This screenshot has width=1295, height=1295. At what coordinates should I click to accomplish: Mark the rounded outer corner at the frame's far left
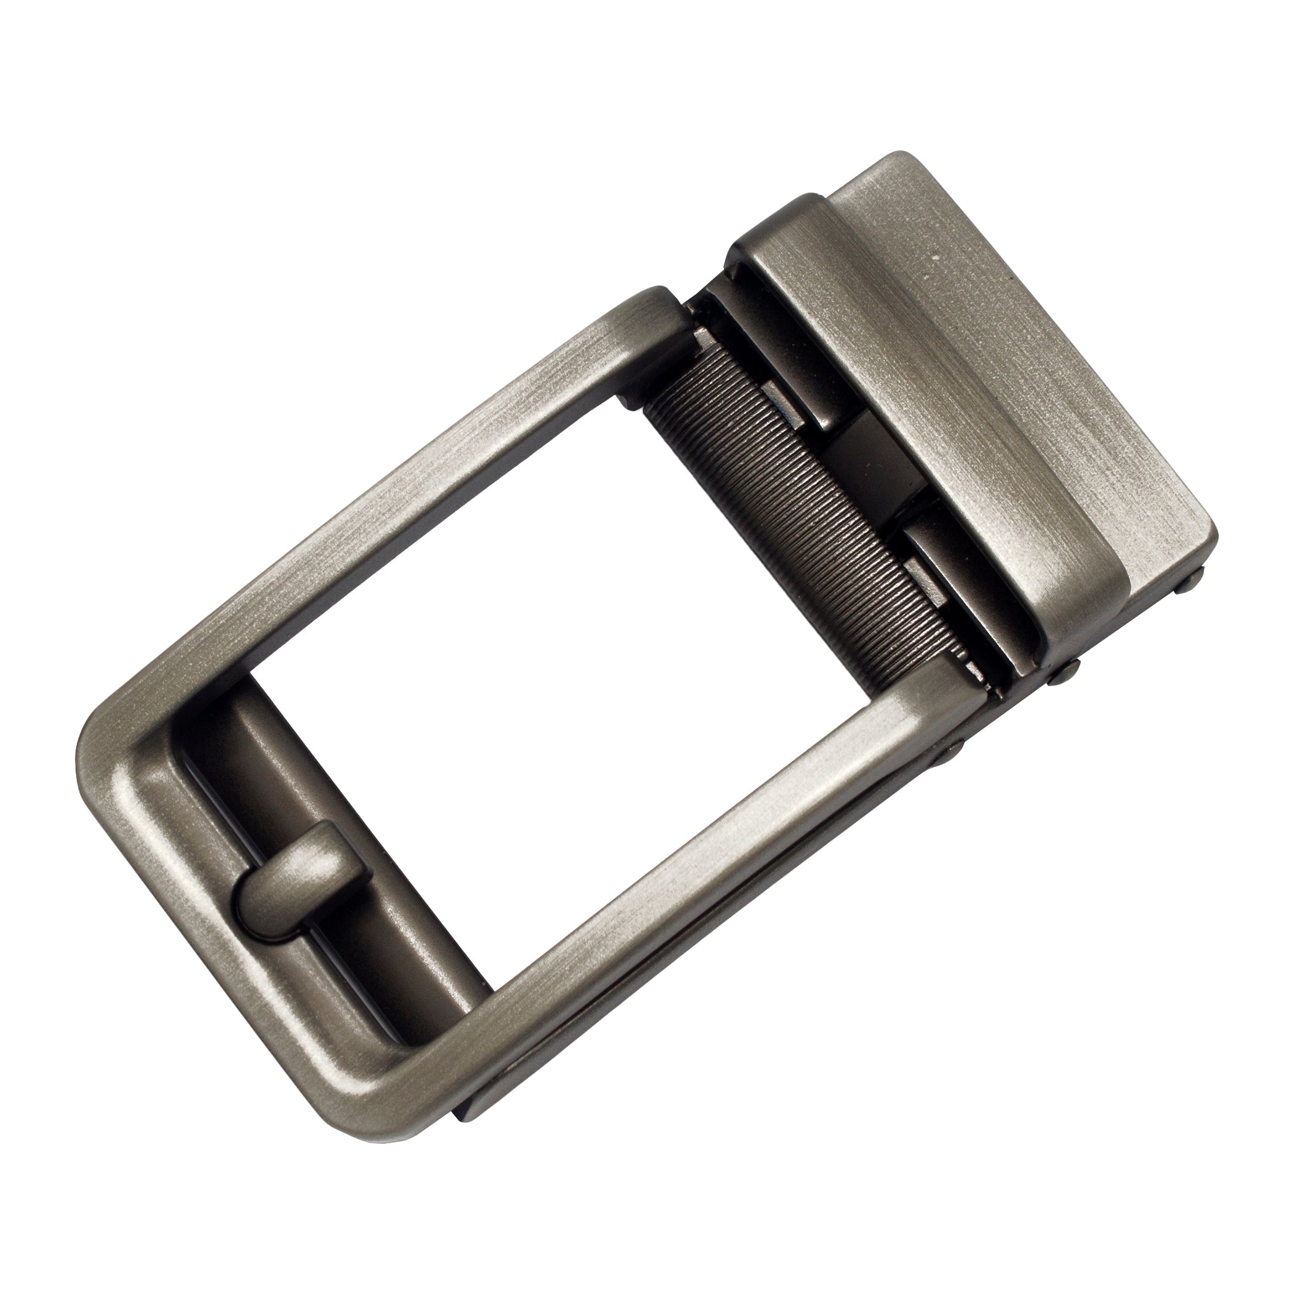(100, 744)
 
